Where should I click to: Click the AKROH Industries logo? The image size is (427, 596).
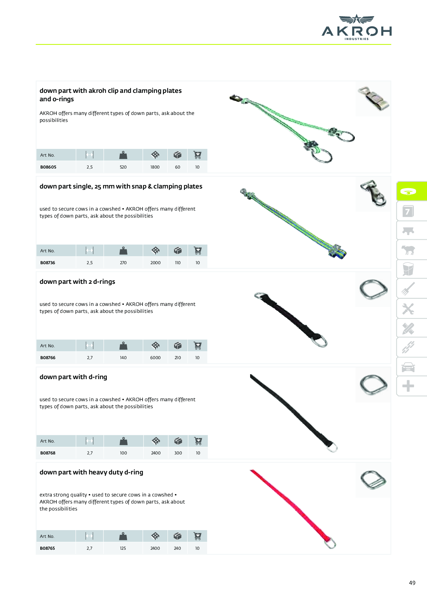tap(357, 27)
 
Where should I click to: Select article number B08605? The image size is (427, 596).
tap(48, 167)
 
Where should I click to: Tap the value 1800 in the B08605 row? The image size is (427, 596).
tap(155, 167)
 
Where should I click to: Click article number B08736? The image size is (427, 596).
tap(48, 263)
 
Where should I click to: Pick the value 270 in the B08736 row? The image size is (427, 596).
tap(123, 263)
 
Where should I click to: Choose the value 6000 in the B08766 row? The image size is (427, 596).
tap(156, 358)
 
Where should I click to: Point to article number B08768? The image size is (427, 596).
tap(48, 453)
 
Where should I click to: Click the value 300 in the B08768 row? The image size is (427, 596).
tap(178, 453)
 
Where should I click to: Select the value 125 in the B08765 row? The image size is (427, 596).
tap(123, 548)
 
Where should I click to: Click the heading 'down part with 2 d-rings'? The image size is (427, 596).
tap(77, 281)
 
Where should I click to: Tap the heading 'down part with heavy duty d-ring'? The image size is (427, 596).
tap(91, 472)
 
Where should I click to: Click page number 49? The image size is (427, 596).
tap(412, 583)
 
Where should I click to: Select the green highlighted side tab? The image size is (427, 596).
tap(412, 191)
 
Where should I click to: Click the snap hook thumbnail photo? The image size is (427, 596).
tap(373, 194)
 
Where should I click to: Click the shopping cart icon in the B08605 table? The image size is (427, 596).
tap(198, 155)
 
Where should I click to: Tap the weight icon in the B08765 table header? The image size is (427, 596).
tap(123, 536)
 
